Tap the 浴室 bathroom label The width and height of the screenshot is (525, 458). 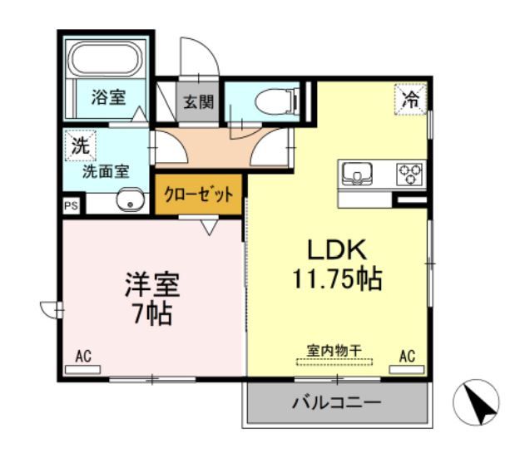coord(108,97)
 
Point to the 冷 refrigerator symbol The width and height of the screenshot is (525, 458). coord(411,99)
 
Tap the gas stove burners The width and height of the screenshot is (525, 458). coord(409,174)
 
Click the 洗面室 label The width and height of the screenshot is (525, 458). coord(105,173)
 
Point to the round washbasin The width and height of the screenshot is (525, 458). coord(128,200)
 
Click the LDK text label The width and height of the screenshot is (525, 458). coord(337,250)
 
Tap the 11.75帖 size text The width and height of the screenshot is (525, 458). coord(337,279)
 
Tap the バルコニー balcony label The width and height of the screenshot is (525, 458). coord(336,403)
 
